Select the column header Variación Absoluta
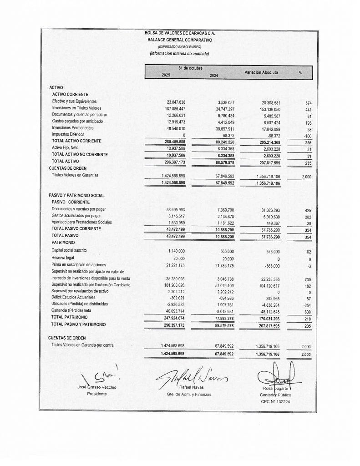261,72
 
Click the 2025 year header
166,75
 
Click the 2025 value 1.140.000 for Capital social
176,251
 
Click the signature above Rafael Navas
191,376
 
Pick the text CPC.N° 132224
276,402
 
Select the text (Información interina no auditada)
179,53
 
